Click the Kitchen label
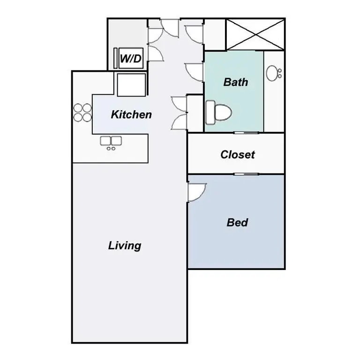click(x=131, y=114)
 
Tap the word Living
click(x=125, y=245)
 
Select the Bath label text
click(x=236, y=82)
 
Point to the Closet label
click(x=238, y=154)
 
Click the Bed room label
click(x=237, y=222)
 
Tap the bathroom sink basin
click(x=273, y=73)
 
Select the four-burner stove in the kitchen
click(x=82, y=112)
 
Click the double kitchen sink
click(x=111, y=140)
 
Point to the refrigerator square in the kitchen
click(x=131, y=85)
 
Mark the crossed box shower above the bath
click(x=255, y=34)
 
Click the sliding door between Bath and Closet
click(x=247, y=133)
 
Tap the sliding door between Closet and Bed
click(x=247, y=174)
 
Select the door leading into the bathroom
click(x=195, y=72)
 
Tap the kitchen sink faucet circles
click(x=111, y=148)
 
